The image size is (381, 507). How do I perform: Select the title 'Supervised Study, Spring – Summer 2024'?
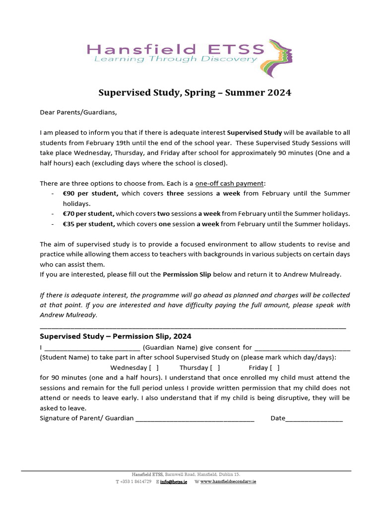coord(194,93)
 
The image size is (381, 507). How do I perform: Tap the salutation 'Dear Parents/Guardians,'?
coord(78,112)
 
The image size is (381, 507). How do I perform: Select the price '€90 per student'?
coord(90,194)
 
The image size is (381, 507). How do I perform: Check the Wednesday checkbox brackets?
coord(154,367)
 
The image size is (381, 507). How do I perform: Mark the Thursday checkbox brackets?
coord(215,367)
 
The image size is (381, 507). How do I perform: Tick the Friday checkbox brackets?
coord(275,367)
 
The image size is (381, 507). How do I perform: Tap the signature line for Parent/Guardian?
coord(194,419)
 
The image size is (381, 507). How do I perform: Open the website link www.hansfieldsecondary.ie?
coord(228,482)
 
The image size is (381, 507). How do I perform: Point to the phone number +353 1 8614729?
coord(135,482)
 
